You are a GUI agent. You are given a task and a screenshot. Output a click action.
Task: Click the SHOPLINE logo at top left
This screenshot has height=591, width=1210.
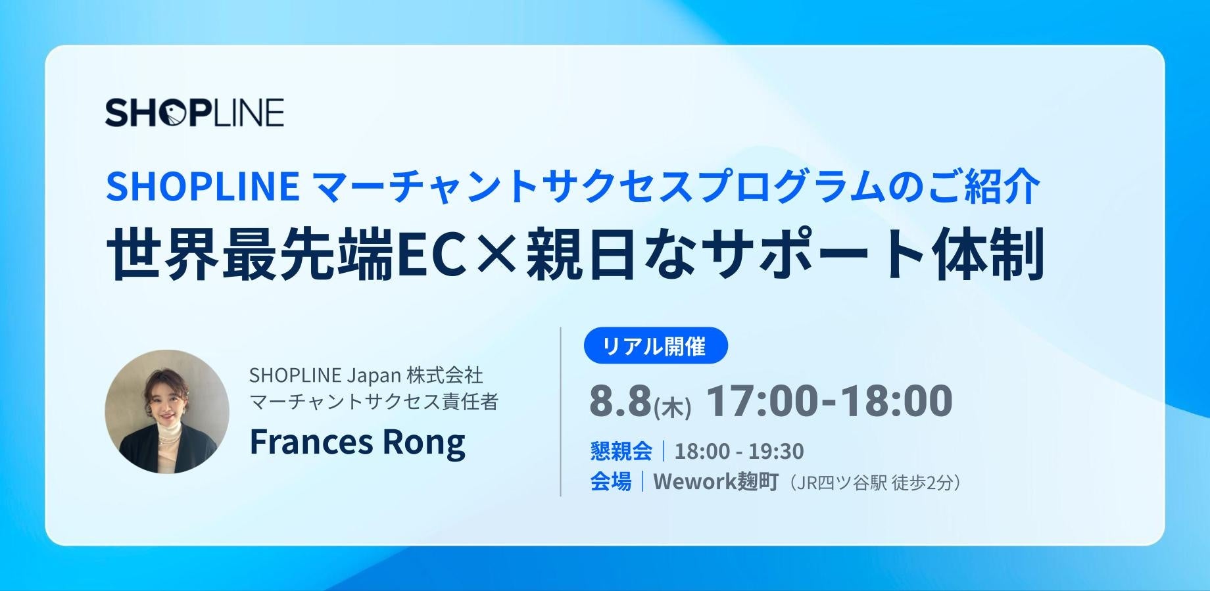click(x=195, y=112)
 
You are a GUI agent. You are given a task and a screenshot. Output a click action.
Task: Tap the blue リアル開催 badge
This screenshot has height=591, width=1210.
click(x=656, y=345)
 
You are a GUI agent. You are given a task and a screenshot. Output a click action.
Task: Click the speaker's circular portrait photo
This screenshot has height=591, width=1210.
click(x=167, y=412)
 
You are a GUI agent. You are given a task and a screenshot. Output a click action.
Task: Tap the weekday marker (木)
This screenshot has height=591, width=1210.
click(x=671, y=408)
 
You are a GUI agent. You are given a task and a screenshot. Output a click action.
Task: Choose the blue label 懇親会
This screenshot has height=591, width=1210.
click(x=621, y=451)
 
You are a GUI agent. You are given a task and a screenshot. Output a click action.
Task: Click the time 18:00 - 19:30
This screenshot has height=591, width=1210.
click(x=739, y=452)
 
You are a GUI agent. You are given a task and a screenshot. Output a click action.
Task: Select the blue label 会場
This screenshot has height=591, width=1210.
click(x=610, y=482)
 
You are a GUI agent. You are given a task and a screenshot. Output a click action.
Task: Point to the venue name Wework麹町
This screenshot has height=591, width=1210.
click(x=715, y=482)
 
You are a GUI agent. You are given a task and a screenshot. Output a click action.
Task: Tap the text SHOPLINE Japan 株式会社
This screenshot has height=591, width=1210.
click(x=366, y=375)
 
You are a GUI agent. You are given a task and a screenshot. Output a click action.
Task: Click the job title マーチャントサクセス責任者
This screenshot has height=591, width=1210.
click(x=374, y=402)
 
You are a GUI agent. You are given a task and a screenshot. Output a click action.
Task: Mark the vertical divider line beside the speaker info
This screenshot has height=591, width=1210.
click(x=560, y=412)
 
